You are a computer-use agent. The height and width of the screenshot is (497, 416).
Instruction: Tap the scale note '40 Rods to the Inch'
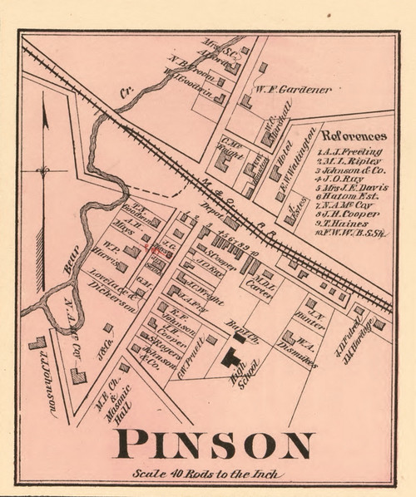pos(207,475)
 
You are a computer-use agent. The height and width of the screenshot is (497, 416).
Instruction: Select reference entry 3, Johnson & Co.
pos(350,169)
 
